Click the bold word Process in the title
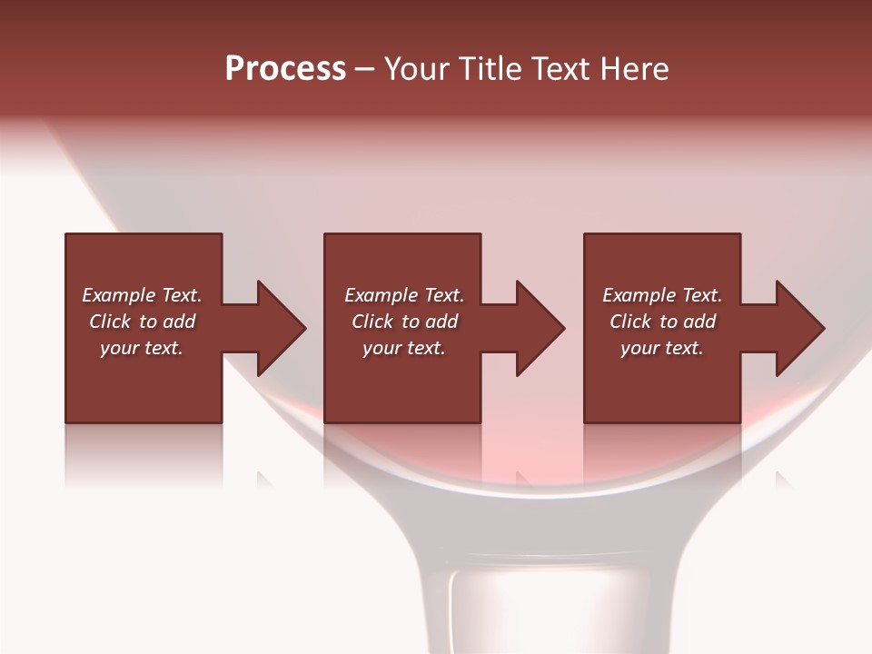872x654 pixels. pyautogui.click(x=285, y=69)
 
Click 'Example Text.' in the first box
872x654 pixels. pyautogui.click(x=142, y=295)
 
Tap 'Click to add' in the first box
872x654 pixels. pyautogui.click(x=142, y=322)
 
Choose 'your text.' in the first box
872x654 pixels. pyautogui.click(x=142, y=348)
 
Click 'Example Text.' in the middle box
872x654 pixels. pyautogui.click(x=404, y=295)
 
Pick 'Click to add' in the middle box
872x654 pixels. pyautogui.click(x=404, y=322)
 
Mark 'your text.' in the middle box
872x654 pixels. pyautogui.click(x=404, y=348)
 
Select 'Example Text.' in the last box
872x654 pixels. pyautogui.click(x=662, y=295)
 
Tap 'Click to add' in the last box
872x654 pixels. pyautogui.click(x=662, y=322)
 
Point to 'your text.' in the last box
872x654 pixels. pyautogui.click(x=662, y=348)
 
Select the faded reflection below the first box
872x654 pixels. pyautogui.click(x=144, y=454)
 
